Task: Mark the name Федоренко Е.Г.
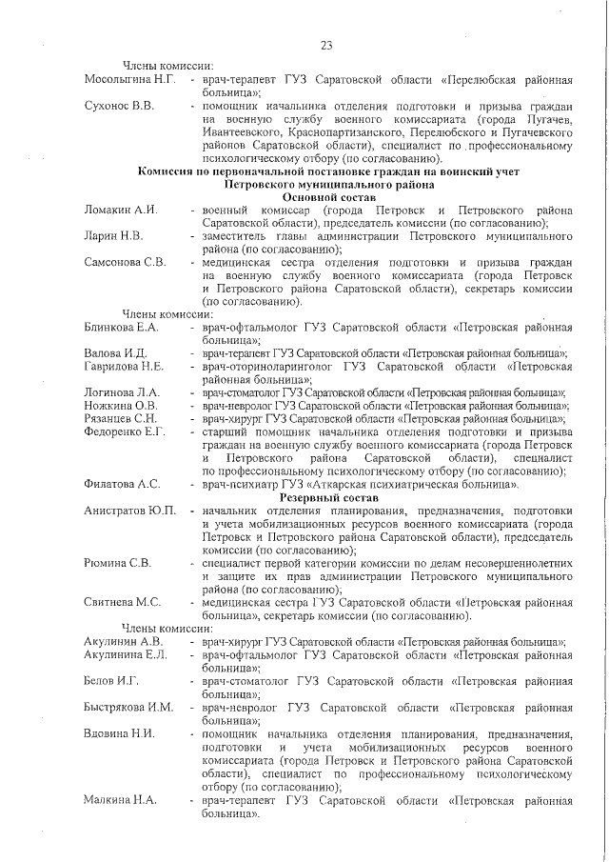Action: pyautogui.click(x=127, y=431)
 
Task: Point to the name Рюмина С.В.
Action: pyautogui.click(x=118, y=562)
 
